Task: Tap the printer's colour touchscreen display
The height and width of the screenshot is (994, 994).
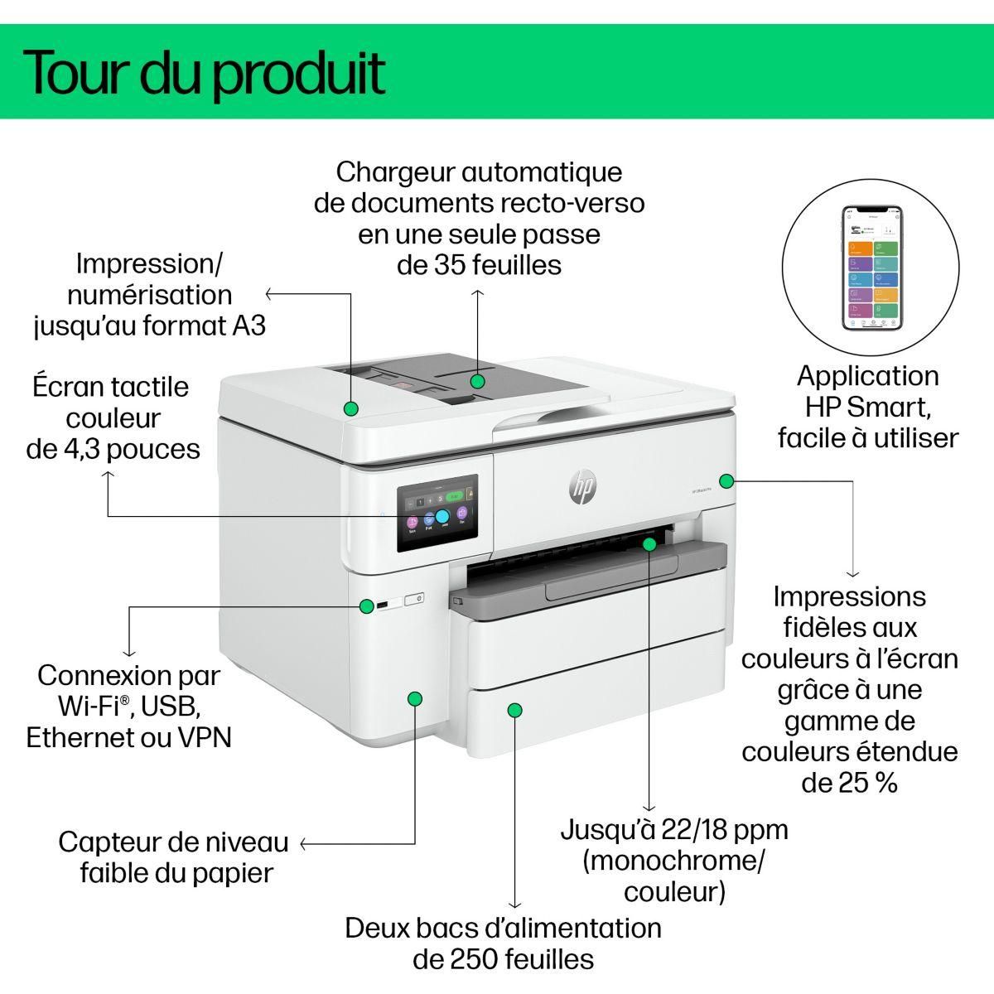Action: tap(437, 514)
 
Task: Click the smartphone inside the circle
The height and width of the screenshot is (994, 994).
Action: tap(871, 268)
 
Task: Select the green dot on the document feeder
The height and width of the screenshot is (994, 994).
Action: tap(477, 381)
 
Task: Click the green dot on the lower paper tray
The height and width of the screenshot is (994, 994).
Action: tap(515, 710)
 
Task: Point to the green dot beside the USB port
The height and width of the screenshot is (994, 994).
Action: tap(366, 606)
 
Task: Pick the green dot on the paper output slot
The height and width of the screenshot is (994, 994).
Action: tap(649, 543)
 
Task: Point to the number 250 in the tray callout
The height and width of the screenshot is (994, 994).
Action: tap(475, 959)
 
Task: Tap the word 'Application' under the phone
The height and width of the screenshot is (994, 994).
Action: tap(867, 376)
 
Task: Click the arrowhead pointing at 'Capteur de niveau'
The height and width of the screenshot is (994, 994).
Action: tap(303, 844)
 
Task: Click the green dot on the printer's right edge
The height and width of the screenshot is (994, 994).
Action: tap(726, 480)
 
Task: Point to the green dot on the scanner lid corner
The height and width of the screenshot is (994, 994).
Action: tap(350, 408)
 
